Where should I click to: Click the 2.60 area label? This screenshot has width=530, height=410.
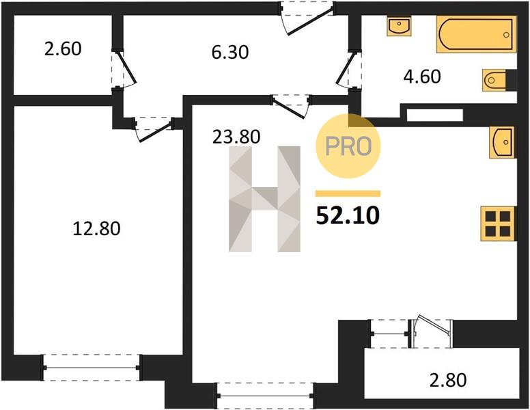coord(63,49)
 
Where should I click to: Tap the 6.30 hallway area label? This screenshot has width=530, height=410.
coord(230,53)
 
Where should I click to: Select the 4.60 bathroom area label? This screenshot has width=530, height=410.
coord(422,77)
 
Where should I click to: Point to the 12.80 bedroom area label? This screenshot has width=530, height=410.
coord(97,228)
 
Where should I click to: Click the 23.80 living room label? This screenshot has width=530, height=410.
coord(236,137)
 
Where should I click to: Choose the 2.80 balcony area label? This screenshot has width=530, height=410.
coord(448,380)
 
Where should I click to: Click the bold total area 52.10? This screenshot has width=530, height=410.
coord(348,215)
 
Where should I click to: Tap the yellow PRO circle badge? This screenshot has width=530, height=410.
coord(348,146)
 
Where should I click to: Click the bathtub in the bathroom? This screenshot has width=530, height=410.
coord(477,34)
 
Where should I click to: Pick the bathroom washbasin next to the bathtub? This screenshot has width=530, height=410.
coord(399,26)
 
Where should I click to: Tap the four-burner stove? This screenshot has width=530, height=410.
coord(498,223)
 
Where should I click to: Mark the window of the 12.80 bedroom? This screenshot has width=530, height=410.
coord(92,368)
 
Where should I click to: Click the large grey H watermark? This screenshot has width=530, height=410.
coord(265,199)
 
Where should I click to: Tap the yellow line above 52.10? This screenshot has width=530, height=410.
coord(348,193)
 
